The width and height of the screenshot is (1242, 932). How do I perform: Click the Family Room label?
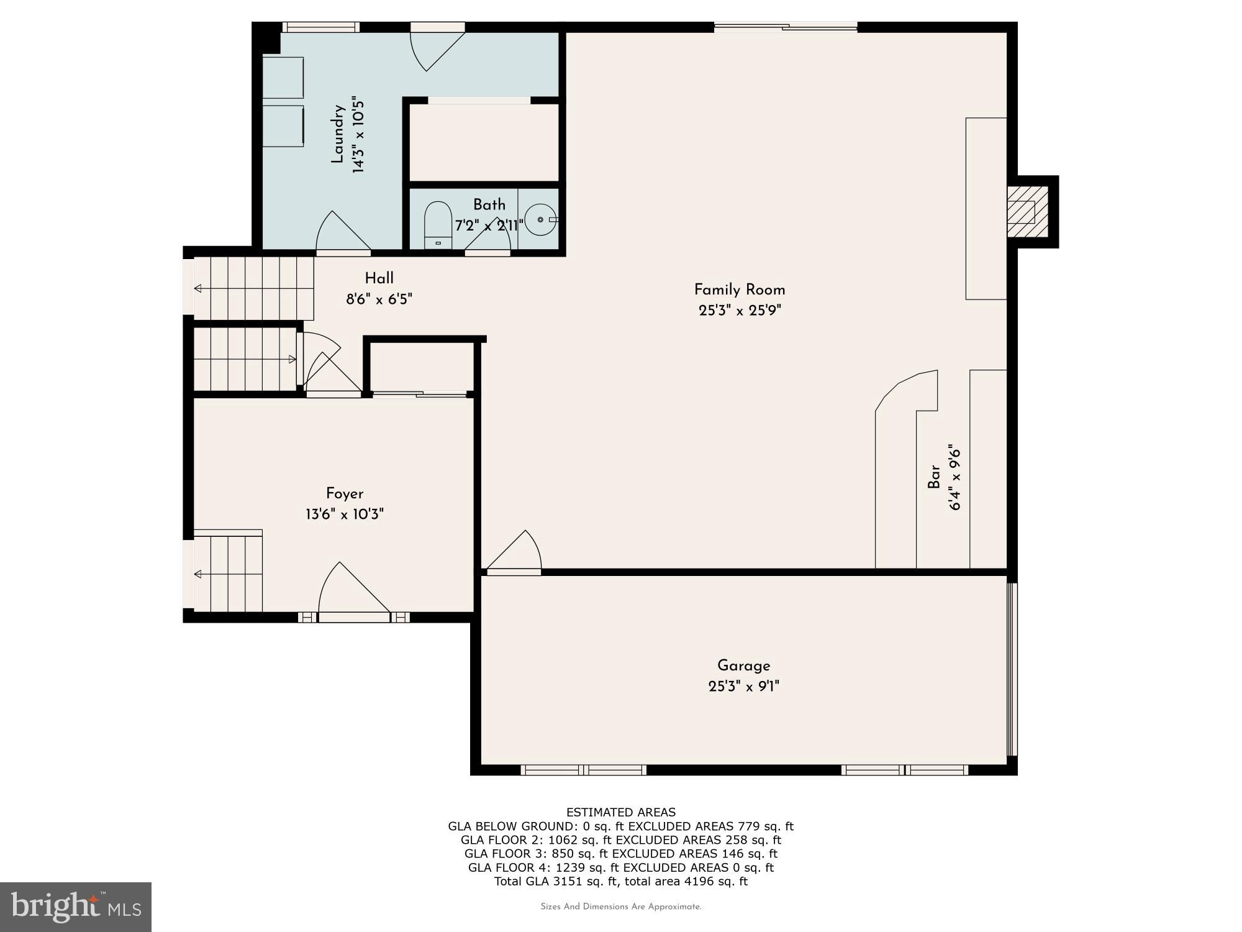[x=739, y=290]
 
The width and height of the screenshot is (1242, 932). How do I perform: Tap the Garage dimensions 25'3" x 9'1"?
[x=743, y=687]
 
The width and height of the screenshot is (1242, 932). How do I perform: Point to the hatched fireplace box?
[x=1027, y=211]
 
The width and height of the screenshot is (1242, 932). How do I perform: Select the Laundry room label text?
[x=338, y=134]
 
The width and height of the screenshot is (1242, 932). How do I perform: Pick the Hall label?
[x=379, y=278]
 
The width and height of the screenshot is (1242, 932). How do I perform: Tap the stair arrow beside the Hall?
[x=198, y=288]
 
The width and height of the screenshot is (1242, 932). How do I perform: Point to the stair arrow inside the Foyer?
[x=198, y=574]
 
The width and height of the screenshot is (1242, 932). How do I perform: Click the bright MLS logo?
[x=75, y=907]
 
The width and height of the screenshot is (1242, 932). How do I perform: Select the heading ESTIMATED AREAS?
[x=620, y=812]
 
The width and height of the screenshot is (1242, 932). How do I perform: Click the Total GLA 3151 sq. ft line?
[x=620, y=881]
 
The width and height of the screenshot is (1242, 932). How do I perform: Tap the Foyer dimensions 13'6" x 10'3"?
[x=345, y=514]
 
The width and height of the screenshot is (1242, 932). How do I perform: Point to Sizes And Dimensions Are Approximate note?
[x=620, y=907]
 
